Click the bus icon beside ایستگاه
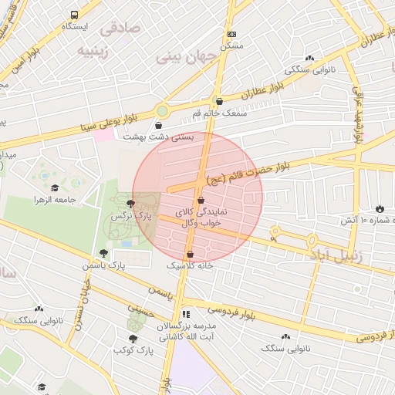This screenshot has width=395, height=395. tap(74, 15)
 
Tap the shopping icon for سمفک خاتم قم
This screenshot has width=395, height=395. tap(219, 101)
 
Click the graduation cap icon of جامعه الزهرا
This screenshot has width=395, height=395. tap(55, 187)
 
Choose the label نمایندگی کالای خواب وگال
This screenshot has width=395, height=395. tap(201, 217)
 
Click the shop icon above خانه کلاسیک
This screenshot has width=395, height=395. tap(190, 254)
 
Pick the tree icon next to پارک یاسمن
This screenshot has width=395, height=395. tap(104, 253)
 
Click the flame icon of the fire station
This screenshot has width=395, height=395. tap(380, 208)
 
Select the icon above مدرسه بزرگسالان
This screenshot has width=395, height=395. tap(185, 314)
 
